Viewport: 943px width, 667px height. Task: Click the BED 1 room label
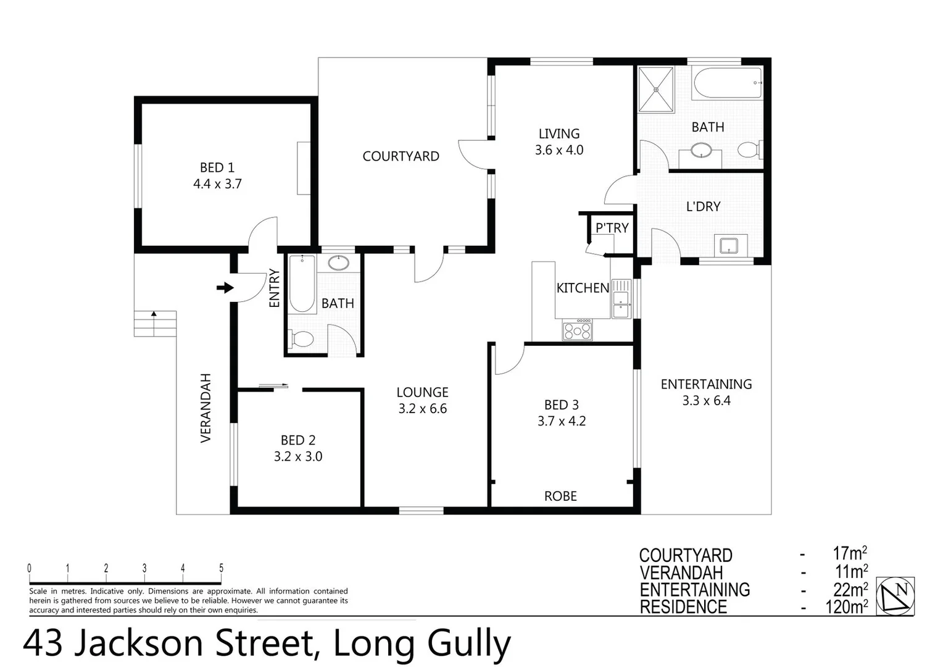coord(217,167)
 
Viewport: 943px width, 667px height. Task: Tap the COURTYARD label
coord(401,156)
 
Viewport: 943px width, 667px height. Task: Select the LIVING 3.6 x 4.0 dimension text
coord(559,150)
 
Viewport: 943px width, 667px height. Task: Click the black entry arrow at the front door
coord(225,288)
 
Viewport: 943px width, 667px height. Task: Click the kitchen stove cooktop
coord(577,330)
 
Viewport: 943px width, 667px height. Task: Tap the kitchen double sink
coord(620,300)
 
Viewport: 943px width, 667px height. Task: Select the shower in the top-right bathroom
coord(656,90)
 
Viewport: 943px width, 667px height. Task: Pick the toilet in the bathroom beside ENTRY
coord(301,339)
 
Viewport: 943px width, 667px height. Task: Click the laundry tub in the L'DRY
coord(731,245)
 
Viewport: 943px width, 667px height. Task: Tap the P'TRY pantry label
coord(612,228)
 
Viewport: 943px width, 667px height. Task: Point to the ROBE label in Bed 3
coord(560,496)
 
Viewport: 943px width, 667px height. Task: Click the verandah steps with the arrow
coord(155,323)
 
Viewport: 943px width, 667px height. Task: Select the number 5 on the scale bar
coord(221,568)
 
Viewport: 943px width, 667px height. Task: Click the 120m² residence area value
coord(847,607)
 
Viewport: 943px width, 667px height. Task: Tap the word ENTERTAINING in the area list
coord(694,590)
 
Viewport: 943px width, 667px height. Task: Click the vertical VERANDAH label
coord(206,408)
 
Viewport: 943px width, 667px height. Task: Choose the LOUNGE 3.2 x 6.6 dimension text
coord(422,409)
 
